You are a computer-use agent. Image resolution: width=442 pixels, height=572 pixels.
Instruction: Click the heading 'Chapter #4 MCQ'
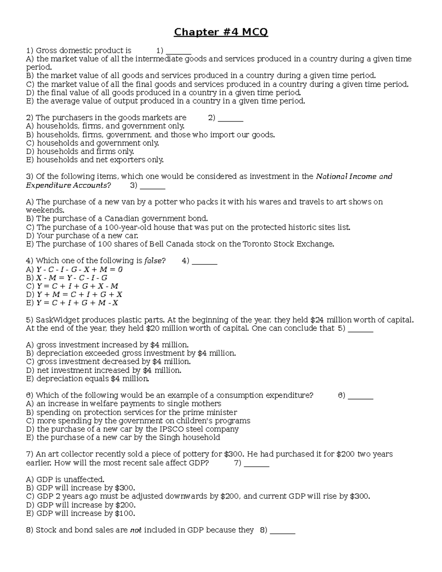point(221,32)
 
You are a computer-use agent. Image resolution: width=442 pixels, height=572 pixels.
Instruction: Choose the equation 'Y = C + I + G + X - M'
point(77,286)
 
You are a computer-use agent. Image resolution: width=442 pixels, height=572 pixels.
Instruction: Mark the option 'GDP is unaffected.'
point(70,480)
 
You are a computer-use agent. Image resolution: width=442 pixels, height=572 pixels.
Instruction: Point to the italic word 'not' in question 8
point(136,530)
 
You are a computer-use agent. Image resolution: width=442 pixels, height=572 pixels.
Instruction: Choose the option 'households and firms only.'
point(85,151)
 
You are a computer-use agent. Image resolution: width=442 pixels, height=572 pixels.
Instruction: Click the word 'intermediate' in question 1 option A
point(159,59)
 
